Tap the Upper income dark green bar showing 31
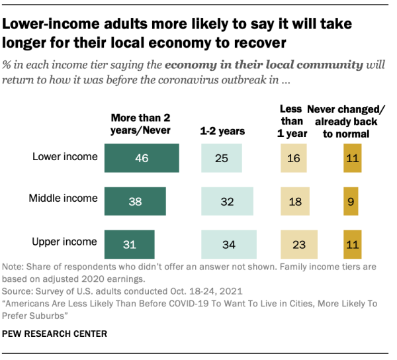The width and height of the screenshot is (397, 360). point(129,244)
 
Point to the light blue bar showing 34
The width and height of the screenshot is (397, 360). point(229,244)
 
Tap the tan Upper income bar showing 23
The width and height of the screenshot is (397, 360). point(300,244)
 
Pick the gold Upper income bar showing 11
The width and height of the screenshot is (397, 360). point(352,244)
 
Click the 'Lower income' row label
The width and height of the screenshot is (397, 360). point(65,157)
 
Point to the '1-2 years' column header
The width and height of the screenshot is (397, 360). point(222,131)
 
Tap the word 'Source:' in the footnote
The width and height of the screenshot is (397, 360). point(21,291)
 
